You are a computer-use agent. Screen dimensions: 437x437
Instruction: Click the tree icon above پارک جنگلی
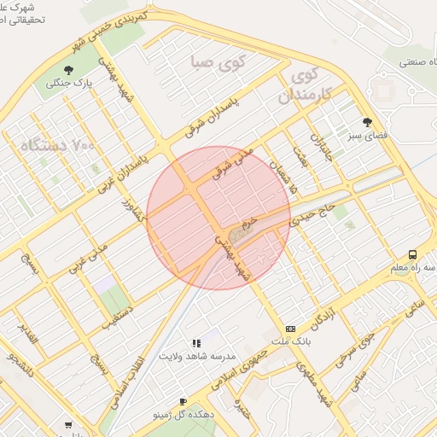tap(68, 70)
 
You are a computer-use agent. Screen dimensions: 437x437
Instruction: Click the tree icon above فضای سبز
tap(367, 122)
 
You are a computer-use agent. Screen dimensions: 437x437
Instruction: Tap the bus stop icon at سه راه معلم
tap(413, 254)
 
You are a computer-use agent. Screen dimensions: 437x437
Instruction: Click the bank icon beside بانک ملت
tap(291, 329)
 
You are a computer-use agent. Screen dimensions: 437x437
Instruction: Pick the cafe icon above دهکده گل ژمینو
tap(183, 401)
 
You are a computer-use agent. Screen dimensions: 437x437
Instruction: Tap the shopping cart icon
tap(68, 425)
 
